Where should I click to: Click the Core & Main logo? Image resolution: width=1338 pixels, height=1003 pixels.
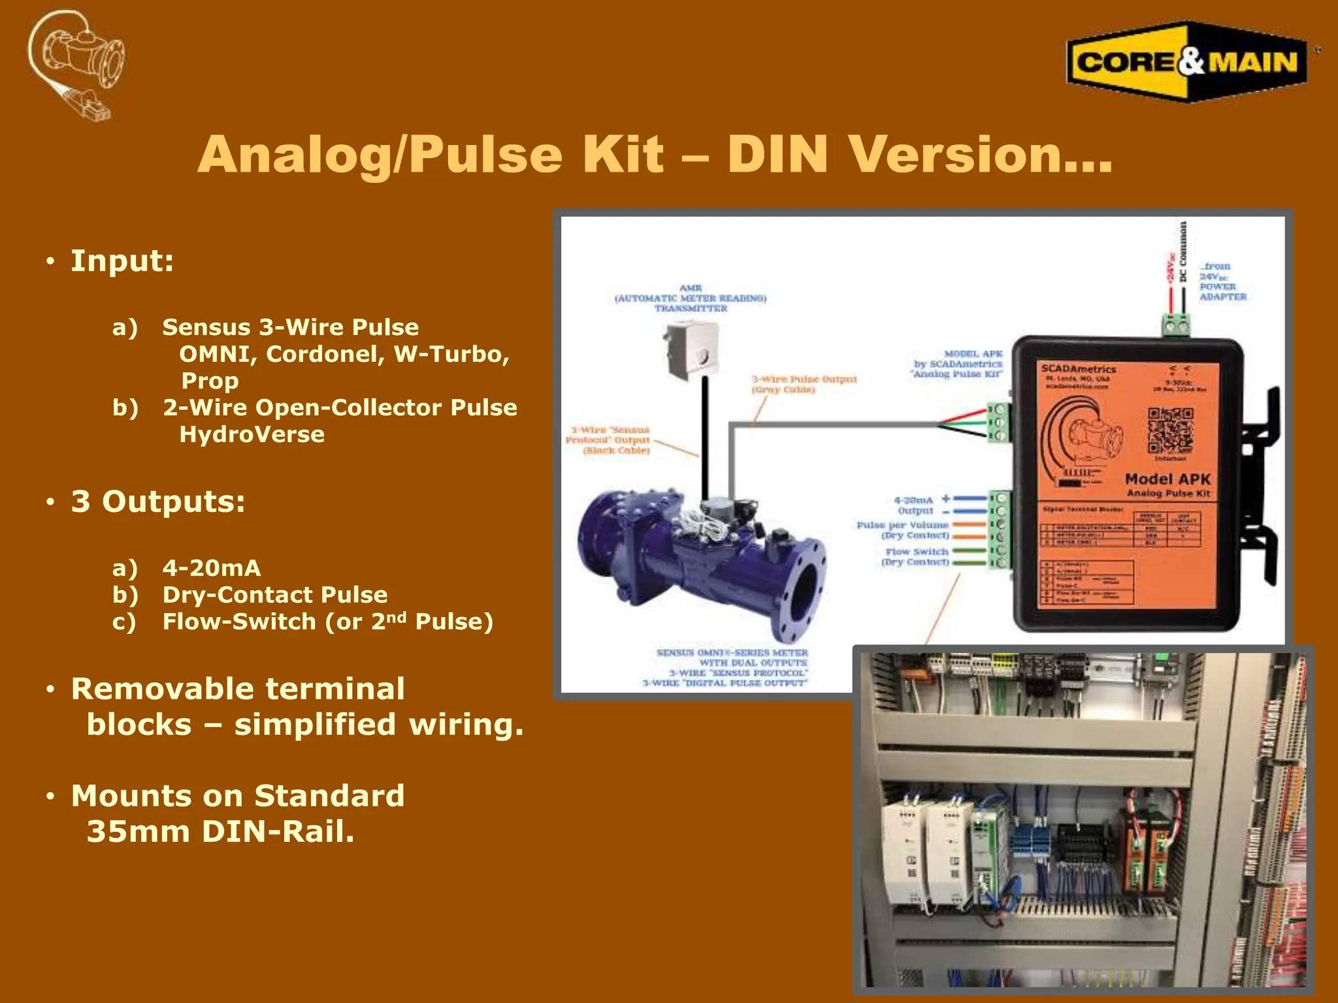1186,62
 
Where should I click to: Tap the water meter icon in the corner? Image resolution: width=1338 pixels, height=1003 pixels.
78,65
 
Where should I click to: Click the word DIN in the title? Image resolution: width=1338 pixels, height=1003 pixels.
777,155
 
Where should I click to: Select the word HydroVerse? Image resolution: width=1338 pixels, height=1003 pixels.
252,434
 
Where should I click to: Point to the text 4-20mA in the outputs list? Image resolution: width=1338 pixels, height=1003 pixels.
211,568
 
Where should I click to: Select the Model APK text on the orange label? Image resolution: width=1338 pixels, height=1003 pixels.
1167,479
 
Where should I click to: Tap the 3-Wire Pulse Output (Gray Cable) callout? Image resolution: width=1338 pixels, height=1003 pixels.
804,384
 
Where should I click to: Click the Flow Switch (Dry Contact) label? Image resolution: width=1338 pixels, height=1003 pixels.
916,556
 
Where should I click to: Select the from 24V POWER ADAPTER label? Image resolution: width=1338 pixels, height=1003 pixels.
1222,281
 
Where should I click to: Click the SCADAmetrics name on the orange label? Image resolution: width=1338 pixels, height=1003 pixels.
1078,369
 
